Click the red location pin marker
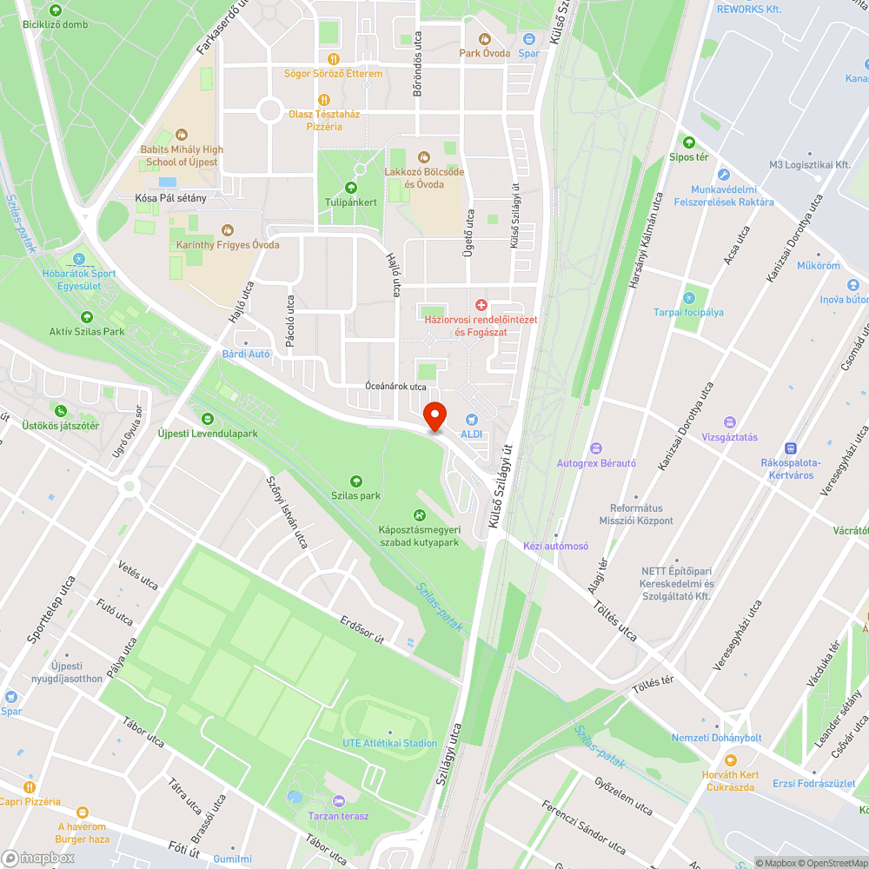click(434, 416)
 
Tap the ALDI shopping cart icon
click(472, 419)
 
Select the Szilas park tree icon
click(355, 481)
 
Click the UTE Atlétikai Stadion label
click(389, 743)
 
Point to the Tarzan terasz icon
click(338, 800)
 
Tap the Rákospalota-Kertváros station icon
click(790, 448)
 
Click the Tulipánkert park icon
click(351, 187)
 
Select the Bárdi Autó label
click(246, 354)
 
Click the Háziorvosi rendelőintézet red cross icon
click(481, 304)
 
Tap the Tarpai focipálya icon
click(689, 297)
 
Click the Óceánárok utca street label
click(395, 386)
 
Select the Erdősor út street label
click(362, 633)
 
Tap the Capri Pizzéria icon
click(30, 786)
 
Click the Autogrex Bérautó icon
click(596, 448)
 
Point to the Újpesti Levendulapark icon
click(207, 419)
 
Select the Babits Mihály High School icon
click(182, 134)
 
